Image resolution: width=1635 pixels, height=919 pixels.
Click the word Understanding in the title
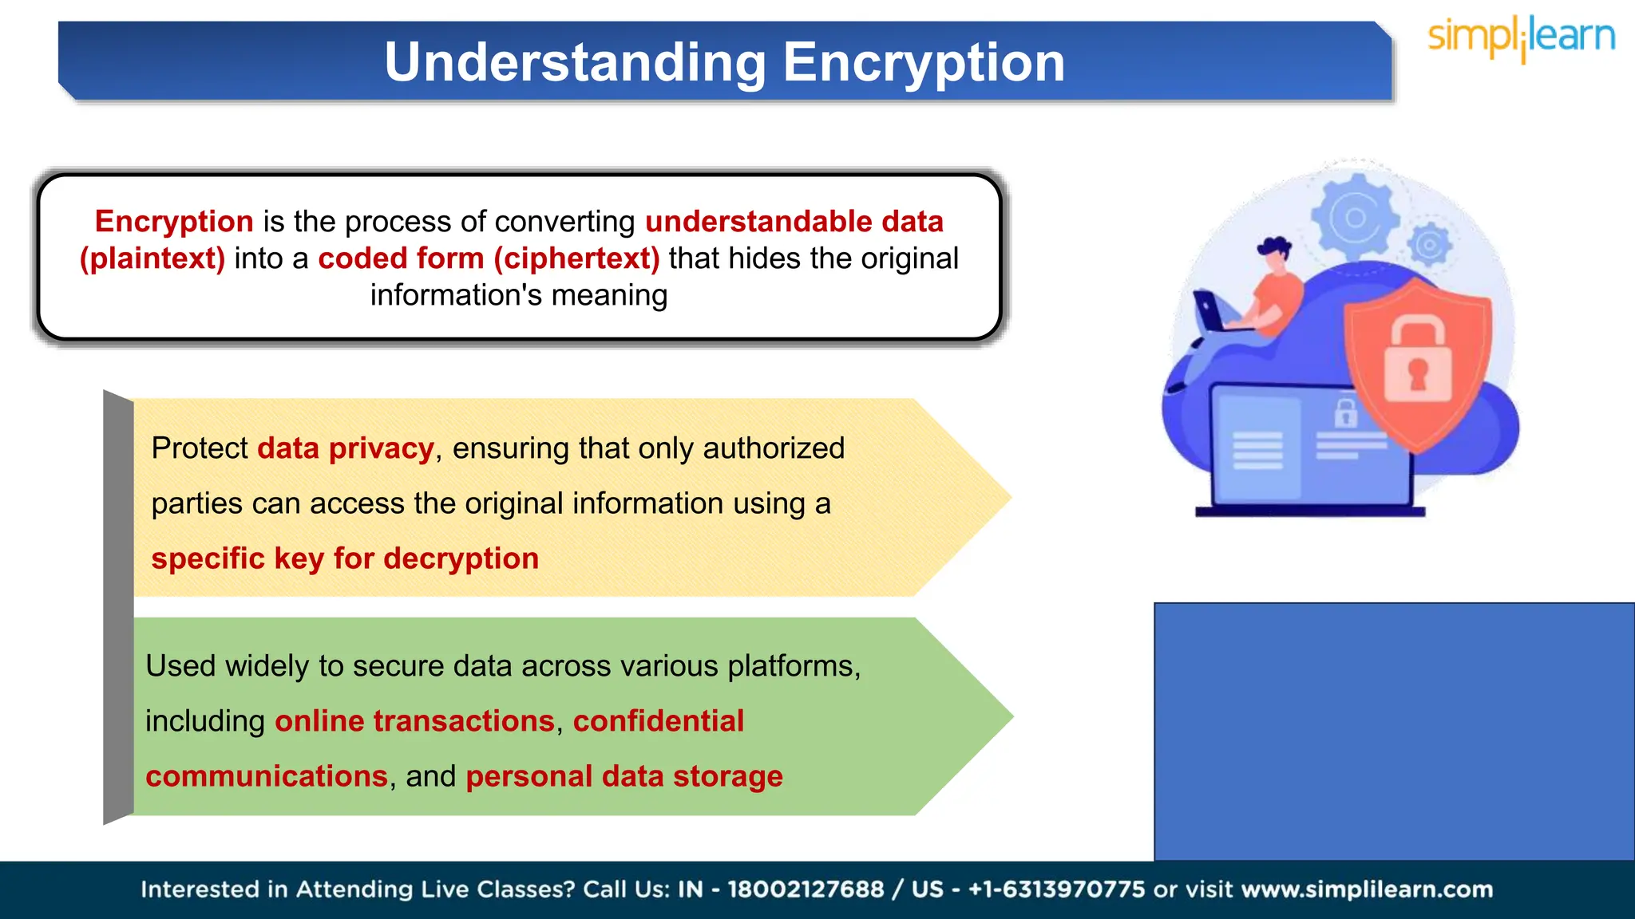575,62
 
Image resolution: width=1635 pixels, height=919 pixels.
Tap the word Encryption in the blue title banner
924,62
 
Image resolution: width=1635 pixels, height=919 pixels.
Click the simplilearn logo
1521,38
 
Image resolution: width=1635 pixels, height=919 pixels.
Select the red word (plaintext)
152,258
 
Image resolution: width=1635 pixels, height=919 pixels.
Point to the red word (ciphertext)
576,258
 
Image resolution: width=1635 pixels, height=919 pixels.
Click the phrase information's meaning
519,295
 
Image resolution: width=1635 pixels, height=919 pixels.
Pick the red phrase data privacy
346,448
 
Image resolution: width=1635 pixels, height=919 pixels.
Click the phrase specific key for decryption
345,558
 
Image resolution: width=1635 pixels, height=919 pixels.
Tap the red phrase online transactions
414,721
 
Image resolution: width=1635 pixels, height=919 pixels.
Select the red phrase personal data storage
624,776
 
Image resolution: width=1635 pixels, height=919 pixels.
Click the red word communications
267,776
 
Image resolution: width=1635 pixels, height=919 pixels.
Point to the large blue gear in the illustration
1355,218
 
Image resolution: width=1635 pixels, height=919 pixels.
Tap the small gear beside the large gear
1429,245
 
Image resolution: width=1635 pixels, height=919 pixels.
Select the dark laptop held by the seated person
1210,312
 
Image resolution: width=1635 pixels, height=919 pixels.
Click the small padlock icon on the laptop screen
1345,413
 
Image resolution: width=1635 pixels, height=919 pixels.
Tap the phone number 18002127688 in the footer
806,889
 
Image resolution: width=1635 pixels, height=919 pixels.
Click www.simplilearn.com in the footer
1367,889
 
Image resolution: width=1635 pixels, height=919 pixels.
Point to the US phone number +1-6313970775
1056,889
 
